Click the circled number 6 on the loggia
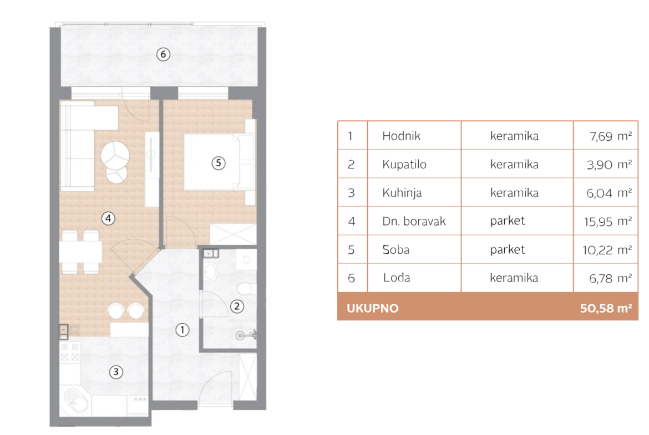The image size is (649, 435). pyautogui.click(x=163, y=54)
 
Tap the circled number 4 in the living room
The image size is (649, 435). pyautogui.click(x=108, y=218)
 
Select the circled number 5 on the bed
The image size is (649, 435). pyautogui.click(x=219, y=163)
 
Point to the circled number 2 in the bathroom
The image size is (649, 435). pyautogui.click(x=237, y=306)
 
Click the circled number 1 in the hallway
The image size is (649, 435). pyautogui.click(x=182, y=330)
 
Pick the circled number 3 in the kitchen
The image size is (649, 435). pyautogui.click(x=116, y=372)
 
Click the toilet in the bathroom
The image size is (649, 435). pyautogui.click(x=246, y=288)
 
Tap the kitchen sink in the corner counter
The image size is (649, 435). pyautogui.click(x=76, y=400)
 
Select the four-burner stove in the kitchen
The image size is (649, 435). pyautogui.click(x=69, y=352)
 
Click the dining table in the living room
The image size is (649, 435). pyautogui.click(x=80, y=252)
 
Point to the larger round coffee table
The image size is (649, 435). pyautogui.click(x=115, y=156)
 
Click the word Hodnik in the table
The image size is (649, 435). pyautogui.click(x=401, y=136)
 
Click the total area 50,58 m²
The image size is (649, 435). pyautogui.click(x=606, y=309)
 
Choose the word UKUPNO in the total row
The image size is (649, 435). pyautogui.click(x=373, y=309)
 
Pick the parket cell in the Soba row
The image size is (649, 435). pyautogui.click(x=508, y=250)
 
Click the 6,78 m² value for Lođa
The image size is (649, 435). pyautogui.click(x=610, y=278)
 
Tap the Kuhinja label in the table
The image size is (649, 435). pyautogui.click(x=402, y=193)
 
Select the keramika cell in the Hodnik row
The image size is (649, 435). pyautogui.click(x=514, y=136)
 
